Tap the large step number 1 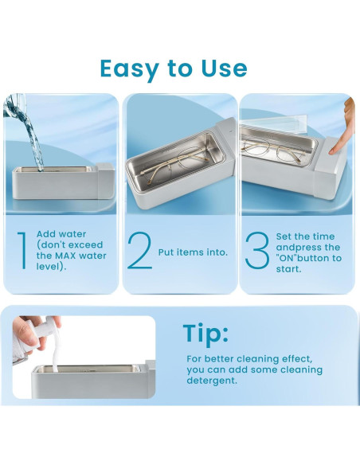tap(22, 251)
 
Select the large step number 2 tap(139, 251)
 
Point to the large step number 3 tap(257, 250)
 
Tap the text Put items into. tap(193, 252)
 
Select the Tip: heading tap(205, 333)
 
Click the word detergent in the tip tap(212, 381)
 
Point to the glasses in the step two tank tap(172, 162)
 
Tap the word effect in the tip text tap(293, 359)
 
